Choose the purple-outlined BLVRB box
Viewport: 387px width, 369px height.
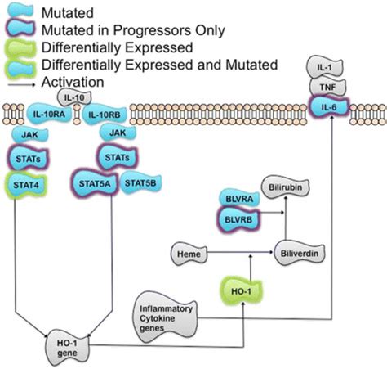tap(236, 218)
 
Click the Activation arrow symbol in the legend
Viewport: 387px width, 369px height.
tap(20, 83)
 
